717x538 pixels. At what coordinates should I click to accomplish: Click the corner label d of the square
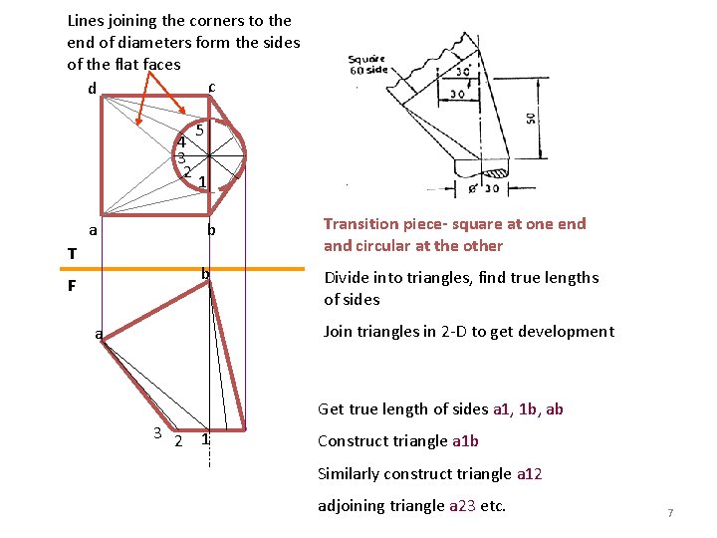click(92, 89)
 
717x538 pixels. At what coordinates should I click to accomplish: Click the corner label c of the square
click(212, 87)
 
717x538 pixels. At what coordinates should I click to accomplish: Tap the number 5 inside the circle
click(200, 130)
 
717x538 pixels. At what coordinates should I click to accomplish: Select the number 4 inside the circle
click(181, 141)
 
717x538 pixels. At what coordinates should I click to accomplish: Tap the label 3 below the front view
click(157, 431)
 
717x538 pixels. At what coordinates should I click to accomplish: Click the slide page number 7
click(670, 513)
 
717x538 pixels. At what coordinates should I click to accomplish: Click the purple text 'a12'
click(529, 473)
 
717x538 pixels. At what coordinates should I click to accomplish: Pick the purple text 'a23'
click(462, 505)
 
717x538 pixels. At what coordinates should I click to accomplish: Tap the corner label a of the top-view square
click(93, 231)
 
